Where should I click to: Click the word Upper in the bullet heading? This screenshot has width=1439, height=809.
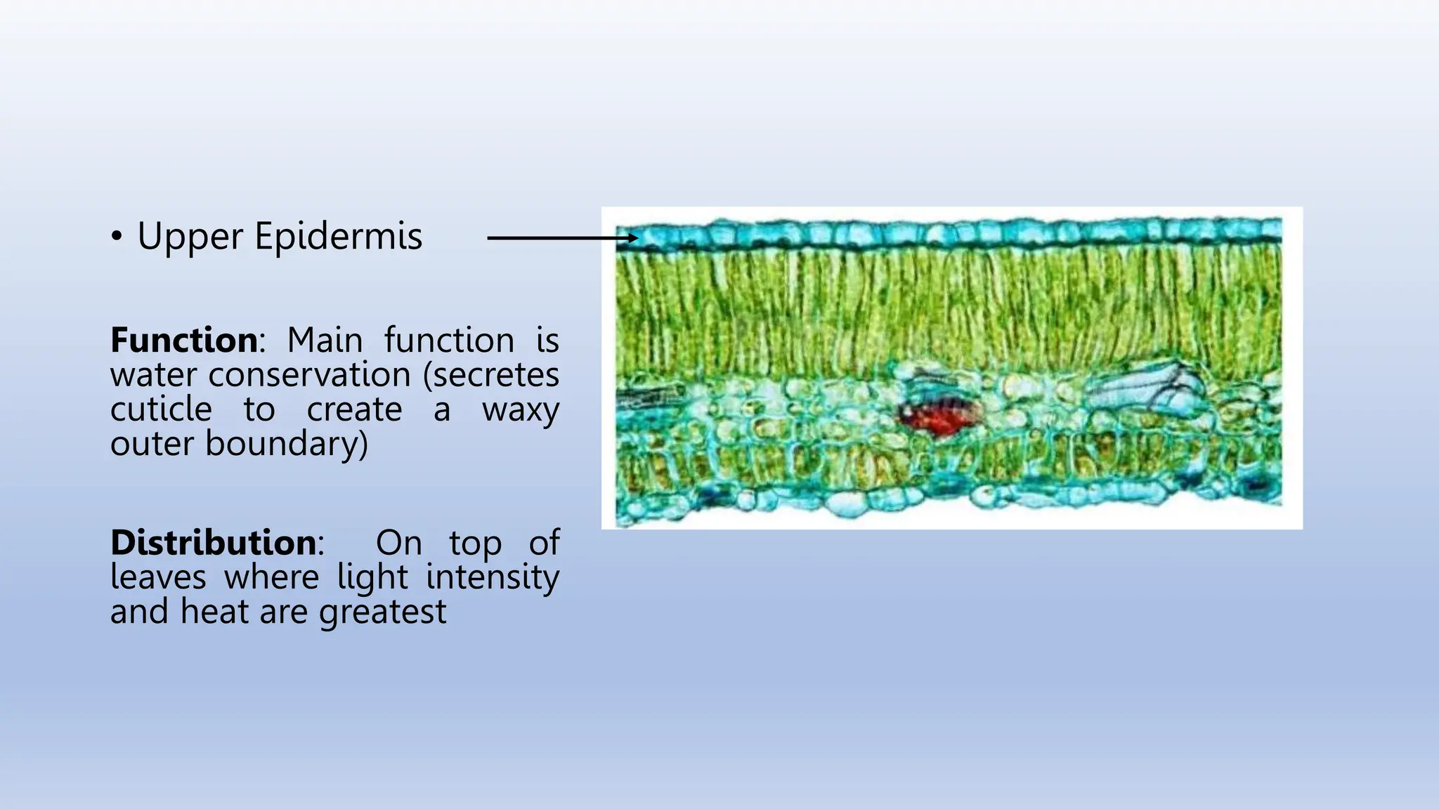(x=189, y=237)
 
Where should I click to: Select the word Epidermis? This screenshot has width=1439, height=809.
(x=338, y=237)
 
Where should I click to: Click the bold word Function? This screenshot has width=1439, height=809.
(x=184, y=341)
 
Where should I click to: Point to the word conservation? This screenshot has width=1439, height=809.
(x=309, y=375)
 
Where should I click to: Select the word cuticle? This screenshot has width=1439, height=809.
(x=161, y=409)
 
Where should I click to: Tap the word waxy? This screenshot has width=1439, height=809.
(x=520, y=409)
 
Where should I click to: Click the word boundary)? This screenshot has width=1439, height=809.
(x=286, y=444)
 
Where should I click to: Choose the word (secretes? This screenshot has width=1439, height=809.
(x=490, y=375)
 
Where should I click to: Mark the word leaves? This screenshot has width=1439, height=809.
(x=158, y=577)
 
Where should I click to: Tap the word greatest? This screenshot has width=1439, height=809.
(x=382, y=612)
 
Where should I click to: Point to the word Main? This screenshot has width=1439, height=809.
(x=325, y=341)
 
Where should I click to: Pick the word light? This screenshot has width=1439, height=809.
(x=372, y=577)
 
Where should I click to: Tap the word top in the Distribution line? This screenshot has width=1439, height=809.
(x=475, y=544)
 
